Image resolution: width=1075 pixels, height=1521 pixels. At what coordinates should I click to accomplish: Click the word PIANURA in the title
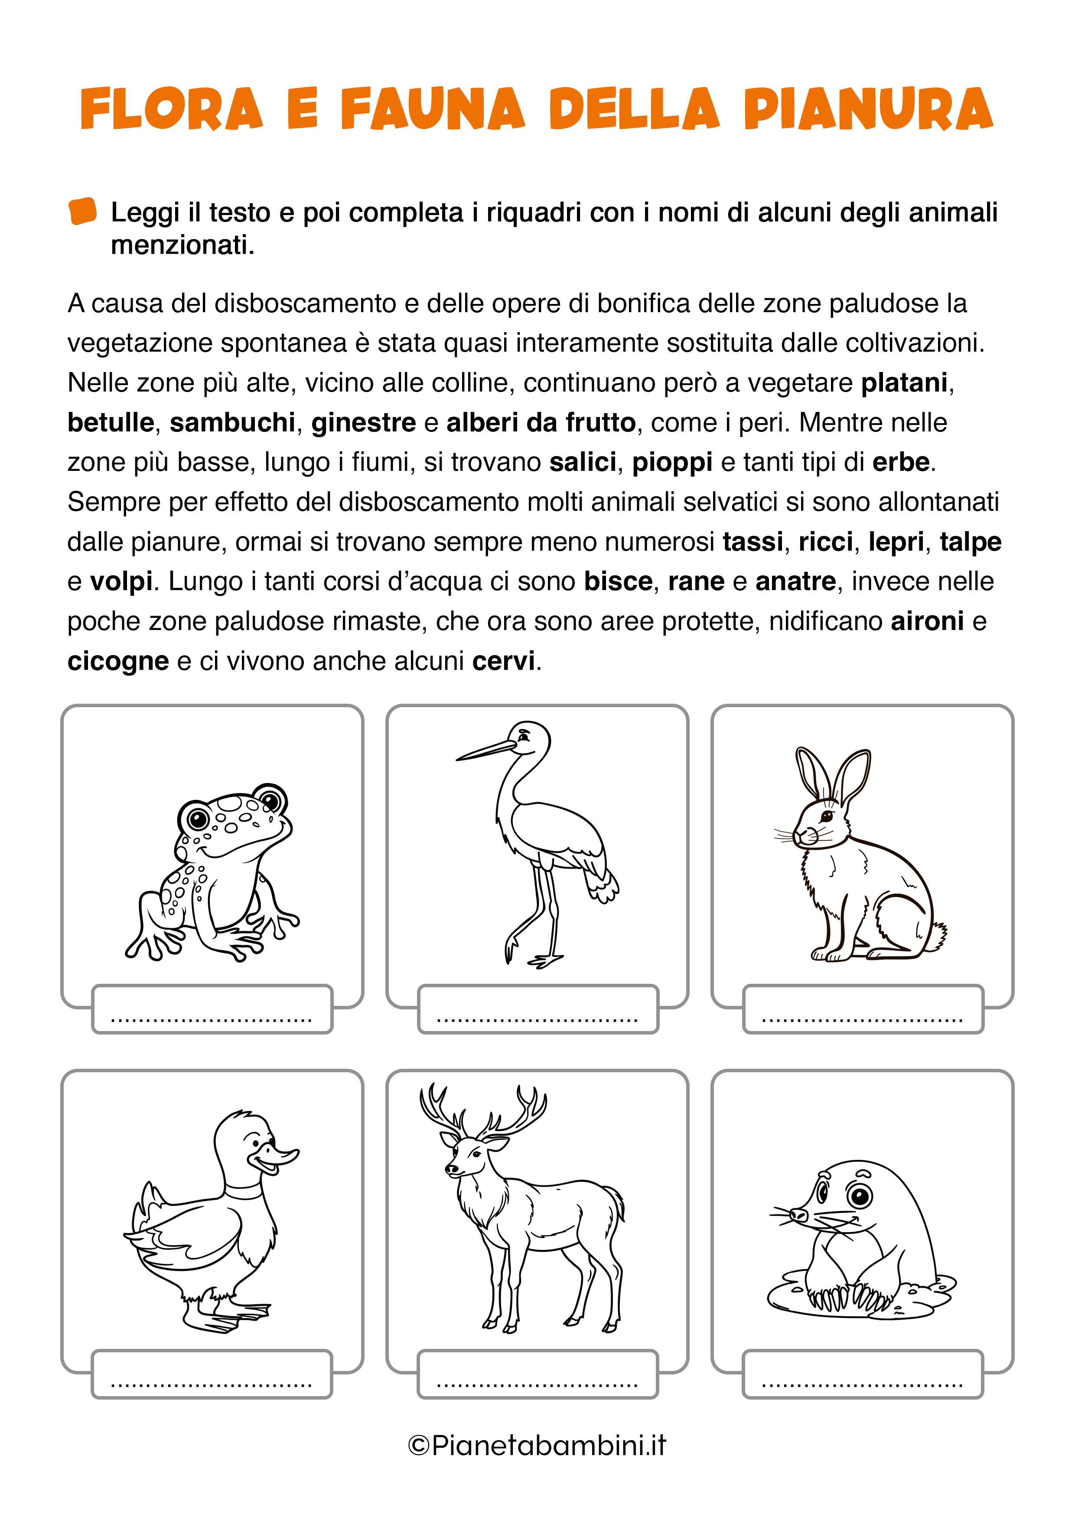[868, 109]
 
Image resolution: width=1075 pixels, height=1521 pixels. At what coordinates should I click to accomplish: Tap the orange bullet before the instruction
[83, 211]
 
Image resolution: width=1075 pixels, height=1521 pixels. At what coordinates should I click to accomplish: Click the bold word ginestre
[364, 423]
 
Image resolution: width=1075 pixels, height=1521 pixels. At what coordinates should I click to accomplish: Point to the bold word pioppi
[671, 462]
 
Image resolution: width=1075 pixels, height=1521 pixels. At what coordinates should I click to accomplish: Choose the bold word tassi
[753, 542]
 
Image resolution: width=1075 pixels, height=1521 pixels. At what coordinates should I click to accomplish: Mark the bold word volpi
[121, 581]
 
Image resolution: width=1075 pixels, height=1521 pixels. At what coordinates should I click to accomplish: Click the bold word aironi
[927, 621]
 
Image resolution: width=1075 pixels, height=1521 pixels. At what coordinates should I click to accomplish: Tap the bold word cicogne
[118, 661]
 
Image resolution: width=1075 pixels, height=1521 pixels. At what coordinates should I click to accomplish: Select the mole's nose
[798, 1214]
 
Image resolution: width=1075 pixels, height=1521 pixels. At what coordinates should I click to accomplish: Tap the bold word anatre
[795, 581]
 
